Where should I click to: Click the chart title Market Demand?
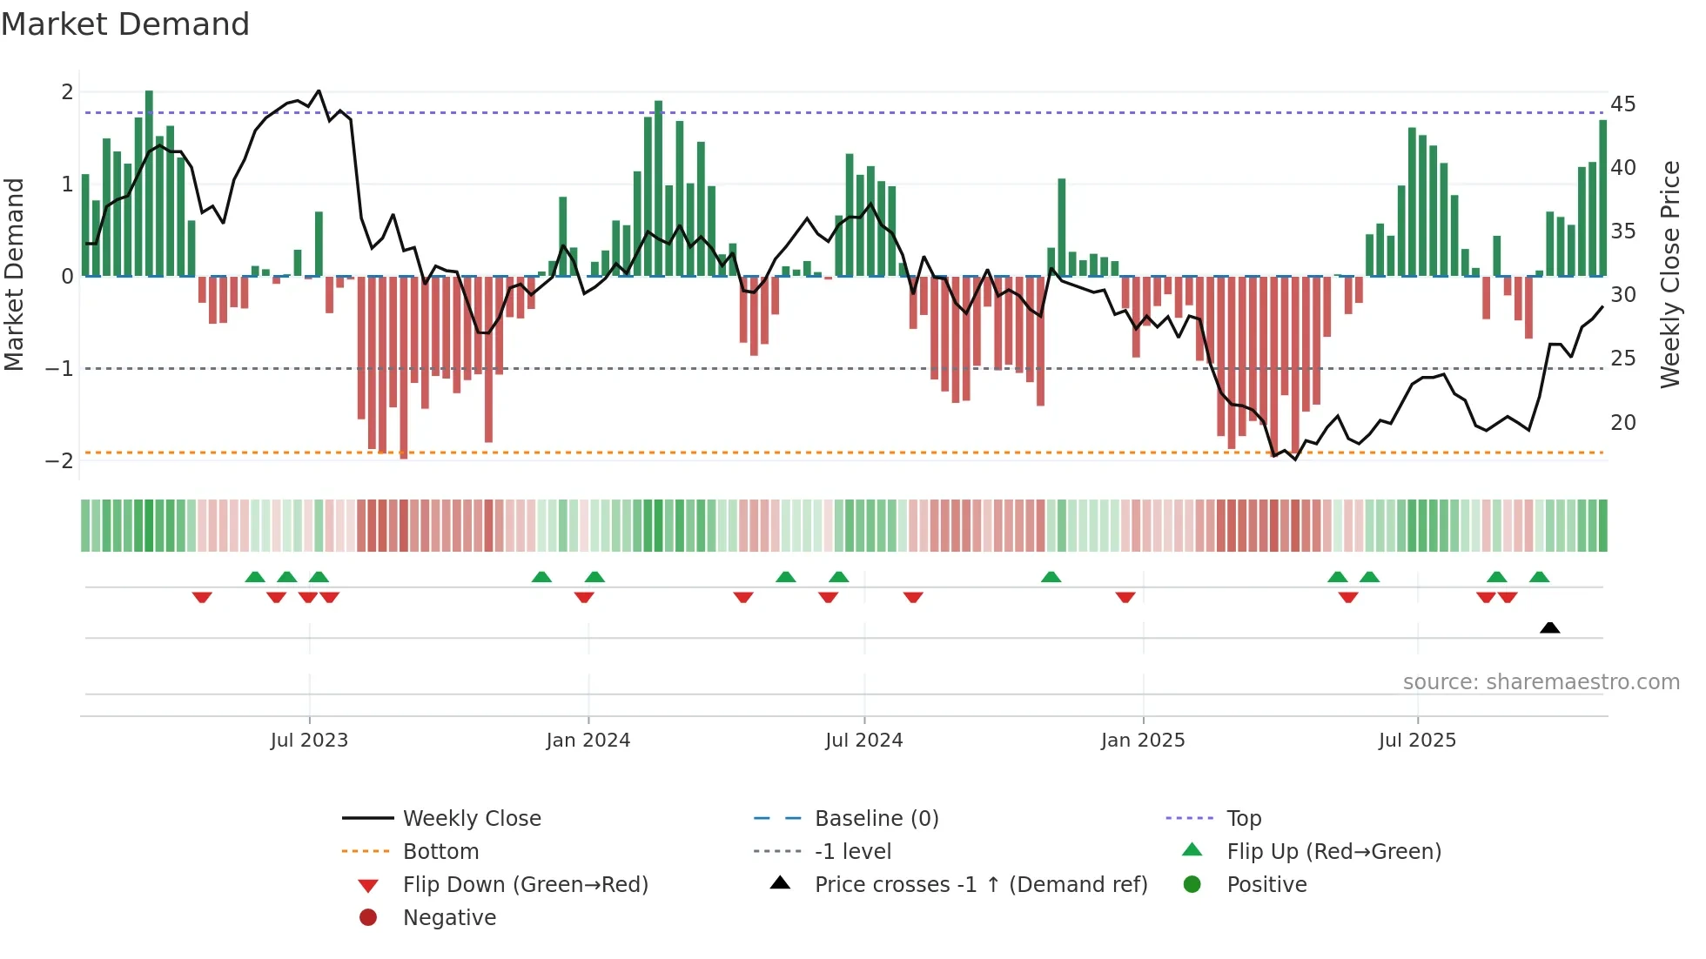pos(125,24)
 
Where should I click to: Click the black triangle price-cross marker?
pos(1549,627)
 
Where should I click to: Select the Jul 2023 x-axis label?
pos(309,741)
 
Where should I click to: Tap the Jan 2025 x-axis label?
pos(1142,741)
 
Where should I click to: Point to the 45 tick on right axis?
pos(1622,104)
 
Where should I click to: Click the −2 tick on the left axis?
pos(60,461)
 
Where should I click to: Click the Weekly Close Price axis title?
pos(1669,274)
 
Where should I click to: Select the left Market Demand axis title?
pos(15,274)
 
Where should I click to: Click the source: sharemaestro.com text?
pos(1541,682)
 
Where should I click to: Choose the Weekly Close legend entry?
pos(471,819)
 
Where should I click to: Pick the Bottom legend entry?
pos(440,852)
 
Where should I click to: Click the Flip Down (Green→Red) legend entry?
pos(525,885)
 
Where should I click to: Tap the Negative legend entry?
pos(449,918)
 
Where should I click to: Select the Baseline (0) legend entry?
pos(876,819)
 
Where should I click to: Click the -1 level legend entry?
pos(852,852)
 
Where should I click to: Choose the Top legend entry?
pos(1243,819)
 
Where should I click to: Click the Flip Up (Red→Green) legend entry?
pos(1333,852)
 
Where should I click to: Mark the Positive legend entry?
pos(1266,885)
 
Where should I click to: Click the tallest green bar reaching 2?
pos(149,183)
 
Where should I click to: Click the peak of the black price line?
pos(319,91)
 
